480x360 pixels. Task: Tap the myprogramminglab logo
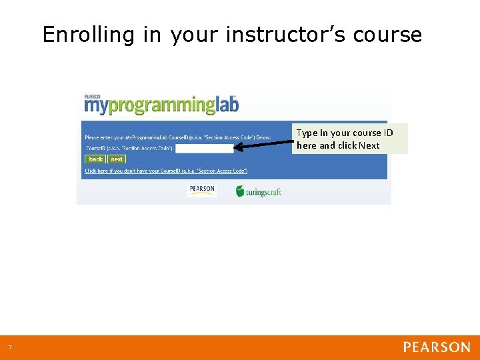[161, 105]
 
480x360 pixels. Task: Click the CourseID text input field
[204, 149]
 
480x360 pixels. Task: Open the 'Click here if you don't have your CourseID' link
[166, 171]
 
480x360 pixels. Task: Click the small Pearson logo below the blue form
[202, 189]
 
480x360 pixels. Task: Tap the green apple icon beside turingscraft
[240, 191]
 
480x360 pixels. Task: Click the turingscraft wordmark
[264, 192]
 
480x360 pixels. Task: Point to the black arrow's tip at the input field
[237, 149]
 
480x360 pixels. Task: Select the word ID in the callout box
[388, 133]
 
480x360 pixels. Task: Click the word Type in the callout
[307, 133]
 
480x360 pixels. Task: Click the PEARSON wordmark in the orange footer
[437, 347]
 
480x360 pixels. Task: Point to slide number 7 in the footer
[10, 347]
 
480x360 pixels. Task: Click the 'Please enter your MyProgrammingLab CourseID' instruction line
[177, 137]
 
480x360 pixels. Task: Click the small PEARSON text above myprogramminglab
[93, 97]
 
